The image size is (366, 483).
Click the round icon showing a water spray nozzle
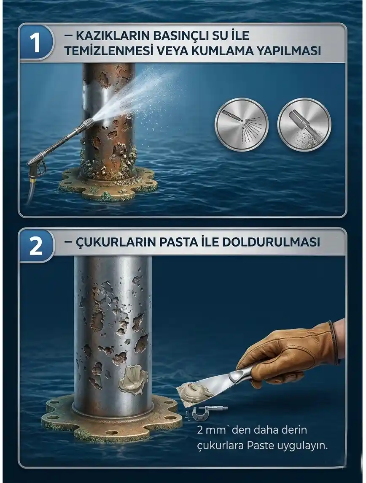[x=241, y=125]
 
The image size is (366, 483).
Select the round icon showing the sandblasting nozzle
[x=304, y=125]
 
